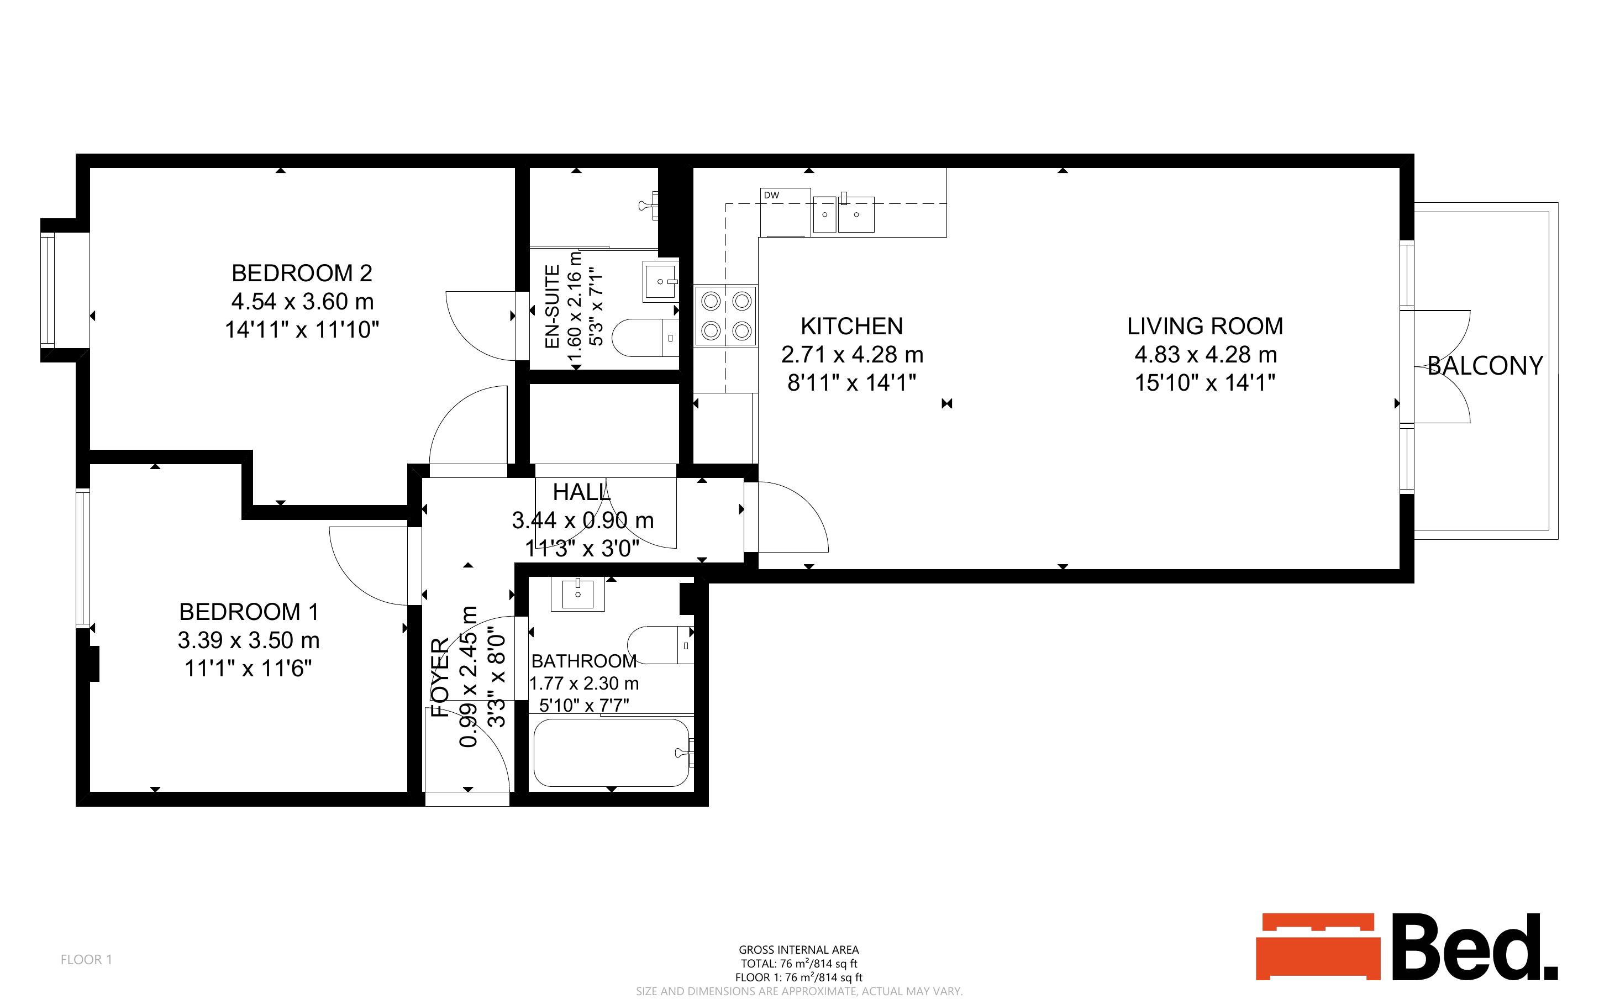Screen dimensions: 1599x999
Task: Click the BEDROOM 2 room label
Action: [x=302, y=273]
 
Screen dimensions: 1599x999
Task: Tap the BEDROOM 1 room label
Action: [x=249, y=612]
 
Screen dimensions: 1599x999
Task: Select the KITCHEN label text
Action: [x=852, y=327]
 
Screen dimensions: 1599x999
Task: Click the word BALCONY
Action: [x=1485, y=365]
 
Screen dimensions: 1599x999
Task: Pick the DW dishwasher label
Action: [x=771, y=195]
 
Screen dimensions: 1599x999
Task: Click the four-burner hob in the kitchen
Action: [x=726, y=316]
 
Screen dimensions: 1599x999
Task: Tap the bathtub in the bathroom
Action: [x=612, y=753]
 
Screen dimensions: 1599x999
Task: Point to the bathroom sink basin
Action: [x=578, y=594]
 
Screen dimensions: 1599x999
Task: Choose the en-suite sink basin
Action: [x=660, y=281]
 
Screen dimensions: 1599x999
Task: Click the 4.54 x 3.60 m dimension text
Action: [x=302, y=301]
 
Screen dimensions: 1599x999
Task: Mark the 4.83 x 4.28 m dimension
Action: [x=1206, y=355]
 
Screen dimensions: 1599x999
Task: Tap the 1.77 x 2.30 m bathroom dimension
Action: [x=585, y=683]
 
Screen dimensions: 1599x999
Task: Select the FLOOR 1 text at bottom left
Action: [x=87, y=959]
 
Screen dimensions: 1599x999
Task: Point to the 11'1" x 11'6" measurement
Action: [x=248, y=669]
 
